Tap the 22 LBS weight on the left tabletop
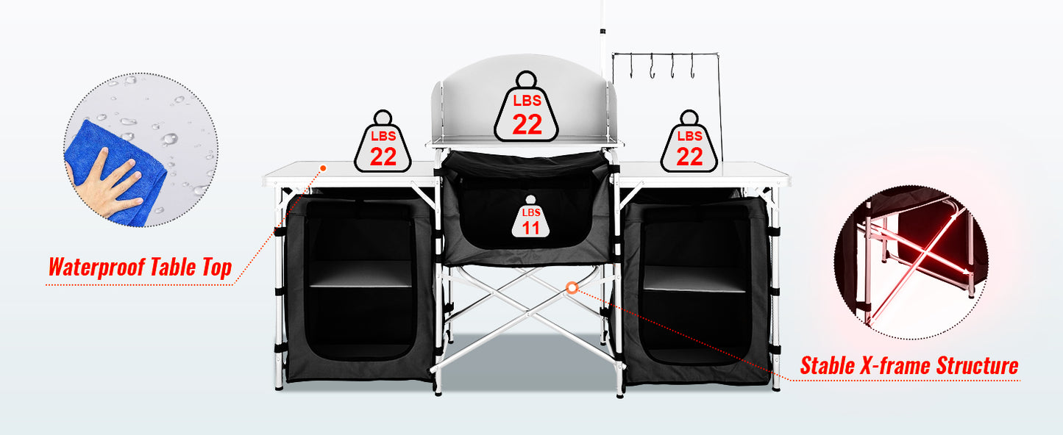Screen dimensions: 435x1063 coord(383,148)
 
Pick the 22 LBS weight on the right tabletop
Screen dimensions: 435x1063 coord(689,148)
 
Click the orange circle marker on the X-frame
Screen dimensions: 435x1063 coord(572,288)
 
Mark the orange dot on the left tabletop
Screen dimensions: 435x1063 coord(322,169)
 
